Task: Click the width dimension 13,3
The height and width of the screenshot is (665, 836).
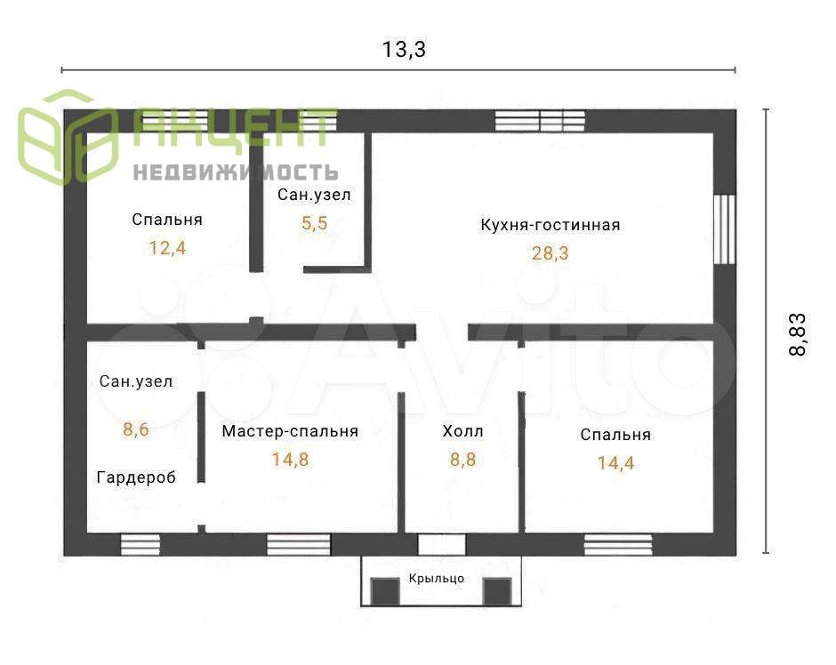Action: [404, 50]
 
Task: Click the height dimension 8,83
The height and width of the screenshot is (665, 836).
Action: [798, 334]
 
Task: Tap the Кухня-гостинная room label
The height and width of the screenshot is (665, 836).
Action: [551, 225]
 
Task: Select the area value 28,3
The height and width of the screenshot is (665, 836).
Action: [551, 253]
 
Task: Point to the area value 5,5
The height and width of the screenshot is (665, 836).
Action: [315, 223]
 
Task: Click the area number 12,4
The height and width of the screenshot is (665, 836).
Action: [167, 248]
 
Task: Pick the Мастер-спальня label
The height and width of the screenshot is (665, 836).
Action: [290, 431]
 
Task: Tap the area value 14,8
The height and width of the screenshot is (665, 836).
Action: [290, 460]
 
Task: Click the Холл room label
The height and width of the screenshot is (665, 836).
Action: [462, 431]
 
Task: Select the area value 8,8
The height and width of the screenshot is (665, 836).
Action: [462, 460]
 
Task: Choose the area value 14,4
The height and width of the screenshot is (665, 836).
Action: [615, 463]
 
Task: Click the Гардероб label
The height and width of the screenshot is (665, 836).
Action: [136, 477]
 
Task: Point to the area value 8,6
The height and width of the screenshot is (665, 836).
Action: [136, 429]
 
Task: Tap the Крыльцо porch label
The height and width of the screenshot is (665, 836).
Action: [437, 578]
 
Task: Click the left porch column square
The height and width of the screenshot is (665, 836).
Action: [385, 591]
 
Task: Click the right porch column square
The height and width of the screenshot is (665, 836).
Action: [497, 591]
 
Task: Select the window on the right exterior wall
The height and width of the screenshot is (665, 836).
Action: [725, 229]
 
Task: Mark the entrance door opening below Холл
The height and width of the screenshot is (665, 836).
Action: [441, 545]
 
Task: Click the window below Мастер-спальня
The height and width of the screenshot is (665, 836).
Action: [299, 545]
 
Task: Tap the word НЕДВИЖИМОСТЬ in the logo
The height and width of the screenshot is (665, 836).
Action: [236, 172]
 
